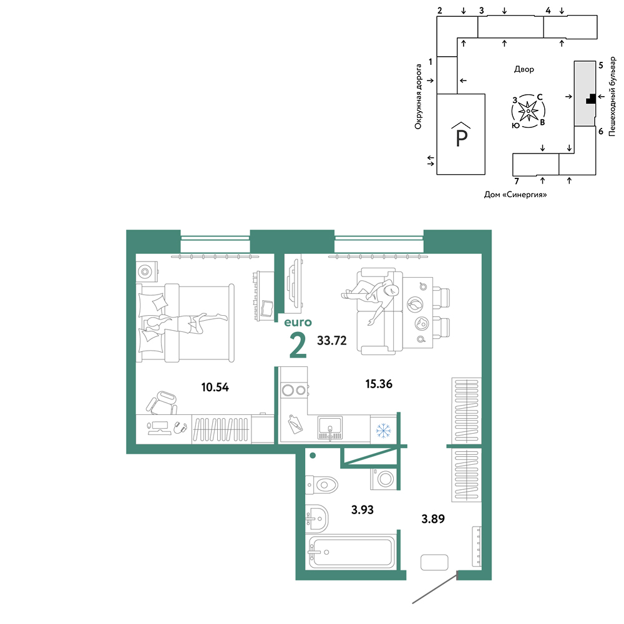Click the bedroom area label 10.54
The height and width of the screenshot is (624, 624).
tap(215, 388)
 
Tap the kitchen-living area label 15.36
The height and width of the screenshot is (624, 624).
tap(379, 384)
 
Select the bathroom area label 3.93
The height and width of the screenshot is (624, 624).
tap(362, 510)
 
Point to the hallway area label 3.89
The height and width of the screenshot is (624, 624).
tap(433, 519)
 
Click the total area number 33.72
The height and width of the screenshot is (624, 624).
tap(332, 341)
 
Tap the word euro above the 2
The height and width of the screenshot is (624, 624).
tap(298, 323)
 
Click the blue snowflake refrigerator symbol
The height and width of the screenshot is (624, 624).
tap(383, 430)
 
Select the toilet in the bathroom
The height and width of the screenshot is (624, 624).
tap(321, 485)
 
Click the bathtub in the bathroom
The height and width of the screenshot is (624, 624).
tap(352, 552)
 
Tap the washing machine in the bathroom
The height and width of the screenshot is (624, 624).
tap(384, 479)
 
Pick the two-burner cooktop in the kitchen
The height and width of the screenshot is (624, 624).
tap(294, 391)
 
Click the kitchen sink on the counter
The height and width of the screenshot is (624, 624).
tap(330, 428)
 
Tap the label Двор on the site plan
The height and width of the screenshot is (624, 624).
tap(524, 69)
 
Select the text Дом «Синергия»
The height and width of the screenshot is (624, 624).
tap(515, 195)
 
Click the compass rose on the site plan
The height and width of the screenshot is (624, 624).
tap(528, 112)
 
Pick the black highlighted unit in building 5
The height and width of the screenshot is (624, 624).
tap(592, 99)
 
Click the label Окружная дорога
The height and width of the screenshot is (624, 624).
tap(418, 97)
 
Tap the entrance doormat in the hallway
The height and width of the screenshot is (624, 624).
tap(434, 562)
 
